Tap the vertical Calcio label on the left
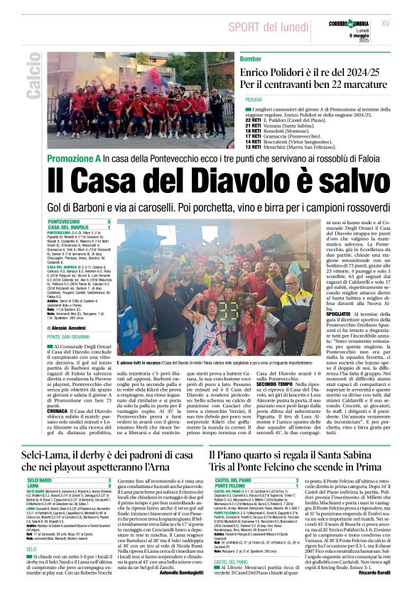33,80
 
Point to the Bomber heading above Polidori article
251,59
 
